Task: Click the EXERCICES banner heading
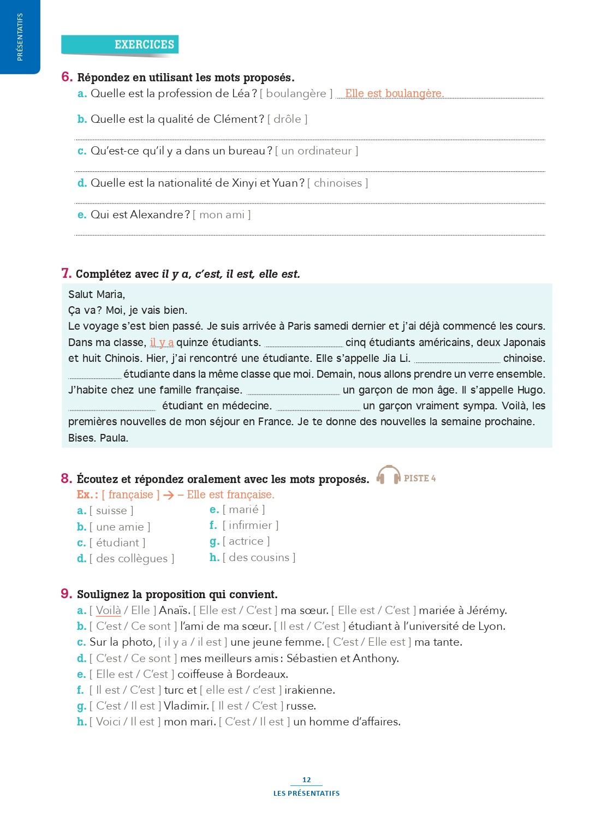click(x=144, y=45)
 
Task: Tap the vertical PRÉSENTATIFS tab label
click(x=20, y=37)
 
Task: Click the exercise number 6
click(x=67, y=77)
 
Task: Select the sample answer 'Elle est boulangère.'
click(x=394, y=93)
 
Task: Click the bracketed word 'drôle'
click(x=287, y=119)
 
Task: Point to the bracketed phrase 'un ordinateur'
click(x=317, y=151)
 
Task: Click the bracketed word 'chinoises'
click(x=337, y=183)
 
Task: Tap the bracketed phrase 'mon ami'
click(x=222, y=215)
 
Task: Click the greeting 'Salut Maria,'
click(x=97, y=294)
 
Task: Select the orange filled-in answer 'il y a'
click(x=162, y=342)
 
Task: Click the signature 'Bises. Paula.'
click(x=98, y=438)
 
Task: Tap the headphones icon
click(x=389, y=475)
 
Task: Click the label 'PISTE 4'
click(x=420, y=478)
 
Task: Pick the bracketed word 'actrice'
click(x=246, y=541)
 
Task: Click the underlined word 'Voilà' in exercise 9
click(x=108, y=610)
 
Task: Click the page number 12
click(x=306, y=779)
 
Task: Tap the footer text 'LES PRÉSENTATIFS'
click(x=306, y=793)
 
